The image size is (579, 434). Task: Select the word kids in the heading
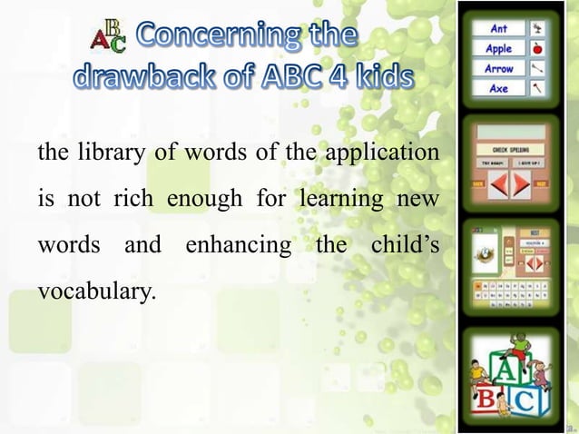(376, 78)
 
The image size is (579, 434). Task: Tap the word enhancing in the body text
(240, 246)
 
